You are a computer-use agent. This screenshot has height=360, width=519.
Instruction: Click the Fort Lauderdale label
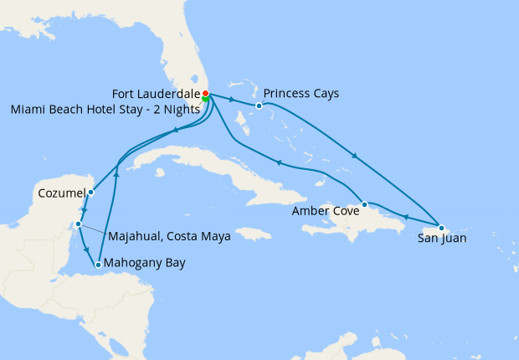(x=156, y=93)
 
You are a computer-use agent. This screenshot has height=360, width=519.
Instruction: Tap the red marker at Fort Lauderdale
(x=206, y=93)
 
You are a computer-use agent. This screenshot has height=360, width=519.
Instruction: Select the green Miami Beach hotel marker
(x=205, y=99)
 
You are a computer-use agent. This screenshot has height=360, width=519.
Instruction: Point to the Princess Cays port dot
(x=259, y=105)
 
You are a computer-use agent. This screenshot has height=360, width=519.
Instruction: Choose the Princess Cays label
(x=301, y=93)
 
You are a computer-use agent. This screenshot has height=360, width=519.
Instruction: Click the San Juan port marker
(x=441, y=228)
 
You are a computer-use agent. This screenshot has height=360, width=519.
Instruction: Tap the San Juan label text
(x=442, y=239)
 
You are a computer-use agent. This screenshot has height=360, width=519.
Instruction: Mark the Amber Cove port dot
(x=364, y=204)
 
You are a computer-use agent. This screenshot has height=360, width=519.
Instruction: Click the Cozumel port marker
(x=91, y=193)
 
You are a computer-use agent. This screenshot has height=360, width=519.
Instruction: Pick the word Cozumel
(x=61, y=193)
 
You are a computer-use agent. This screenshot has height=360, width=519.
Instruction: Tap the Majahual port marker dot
(x=78, y=224)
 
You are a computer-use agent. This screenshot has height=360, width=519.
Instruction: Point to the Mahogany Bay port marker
(x=99, y=265)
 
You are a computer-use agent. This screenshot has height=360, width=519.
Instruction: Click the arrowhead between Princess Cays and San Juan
(x=356, y=157)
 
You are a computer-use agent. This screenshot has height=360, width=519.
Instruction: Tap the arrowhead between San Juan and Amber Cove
(x=404, y=217)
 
